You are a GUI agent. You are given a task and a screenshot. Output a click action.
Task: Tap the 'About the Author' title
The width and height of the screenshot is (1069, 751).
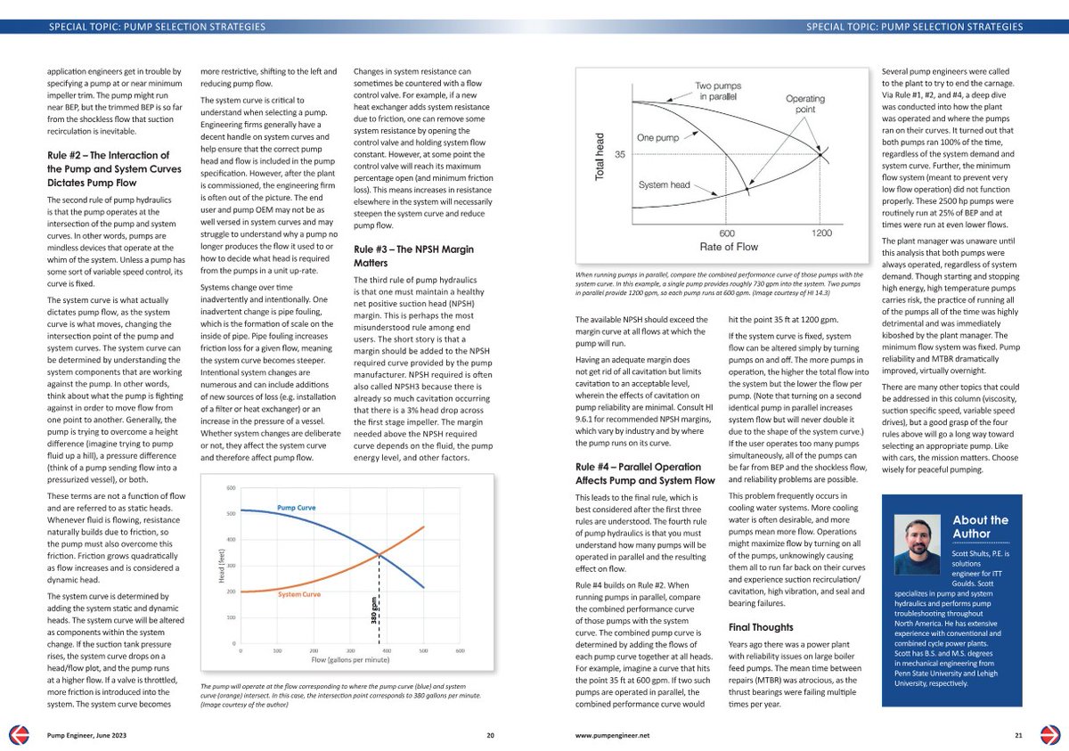(x=980, y=526)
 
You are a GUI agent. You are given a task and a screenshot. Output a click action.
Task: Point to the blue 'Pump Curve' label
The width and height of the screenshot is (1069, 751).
(x=298, y=507)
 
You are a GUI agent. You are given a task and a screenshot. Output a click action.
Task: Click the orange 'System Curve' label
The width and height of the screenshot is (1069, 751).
(x=299, y=593)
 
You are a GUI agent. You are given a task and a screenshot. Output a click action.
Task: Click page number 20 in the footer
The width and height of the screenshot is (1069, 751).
(x=490, y=735)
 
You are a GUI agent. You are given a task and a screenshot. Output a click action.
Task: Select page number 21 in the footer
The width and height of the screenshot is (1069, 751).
(x=1018, y=735)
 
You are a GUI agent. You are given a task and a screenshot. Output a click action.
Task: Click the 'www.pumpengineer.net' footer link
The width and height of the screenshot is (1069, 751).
(x=613, y=735)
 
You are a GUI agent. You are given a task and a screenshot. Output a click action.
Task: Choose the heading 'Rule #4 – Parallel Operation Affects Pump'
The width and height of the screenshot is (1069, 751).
(x=644, y=472)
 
